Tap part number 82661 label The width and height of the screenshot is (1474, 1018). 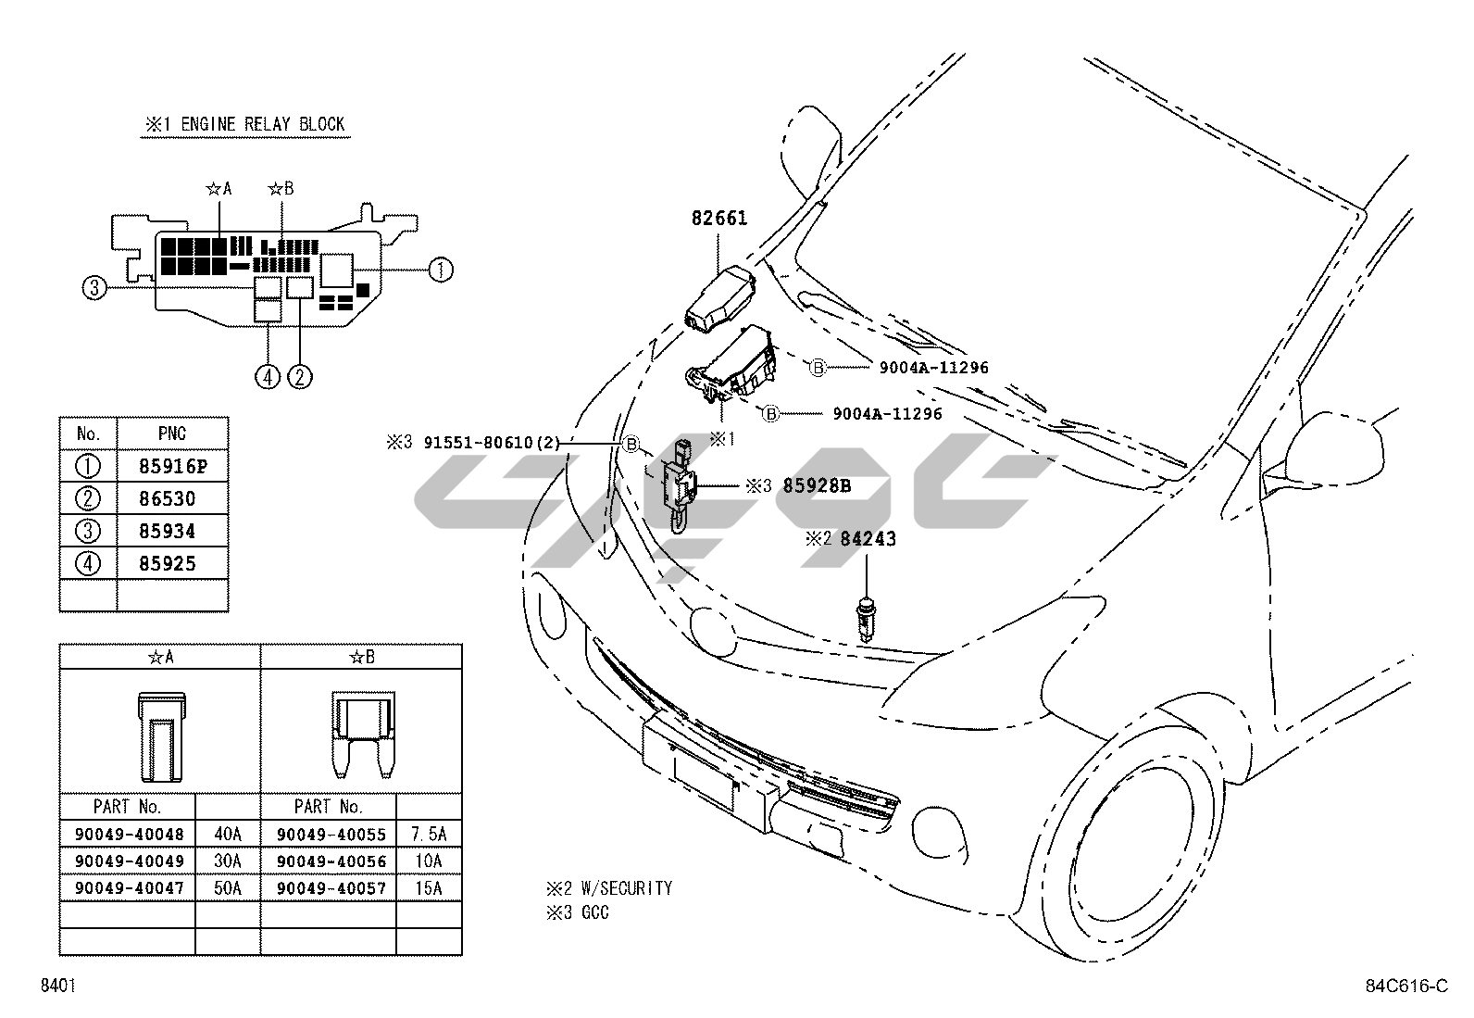[x=719, y=219]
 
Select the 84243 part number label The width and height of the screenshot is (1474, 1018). [x=868, y=538]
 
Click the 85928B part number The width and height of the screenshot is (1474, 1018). [x=817, y=484]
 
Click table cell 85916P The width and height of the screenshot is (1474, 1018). [x=172, y=466]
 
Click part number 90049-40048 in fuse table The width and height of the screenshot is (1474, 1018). [x=129, y=834]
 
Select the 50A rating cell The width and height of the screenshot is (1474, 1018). [x=228, y=888]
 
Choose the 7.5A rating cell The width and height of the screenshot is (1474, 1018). [x=429, y=834]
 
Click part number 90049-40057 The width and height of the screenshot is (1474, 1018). [x=331, y=888]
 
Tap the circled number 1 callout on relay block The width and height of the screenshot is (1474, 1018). [x=441, y=270]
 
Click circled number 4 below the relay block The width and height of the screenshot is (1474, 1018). [x=268, y=377]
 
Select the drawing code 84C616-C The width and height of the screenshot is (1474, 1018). [x=1405, y=986]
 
